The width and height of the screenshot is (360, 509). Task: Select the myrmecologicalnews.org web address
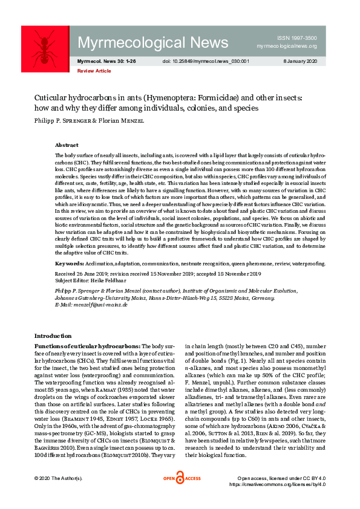tap(287, 46)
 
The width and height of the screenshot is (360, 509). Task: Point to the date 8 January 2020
tap(300, 62)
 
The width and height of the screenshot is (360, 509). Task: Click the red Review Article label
tap(94, 71)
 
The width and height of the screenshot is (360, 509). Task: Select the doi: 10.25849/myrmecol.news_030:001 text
tap(206, 62)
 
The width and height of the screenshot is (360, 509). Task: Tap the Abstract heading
tap(67, 146)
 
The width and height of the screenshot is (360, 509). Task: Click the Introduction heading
tap(53, 336)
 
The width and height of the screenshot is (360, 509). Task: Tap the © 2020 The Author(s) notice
tap(58, 479)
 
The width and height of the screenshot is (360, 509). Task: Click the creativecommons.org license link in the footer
tap(277, 484)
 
